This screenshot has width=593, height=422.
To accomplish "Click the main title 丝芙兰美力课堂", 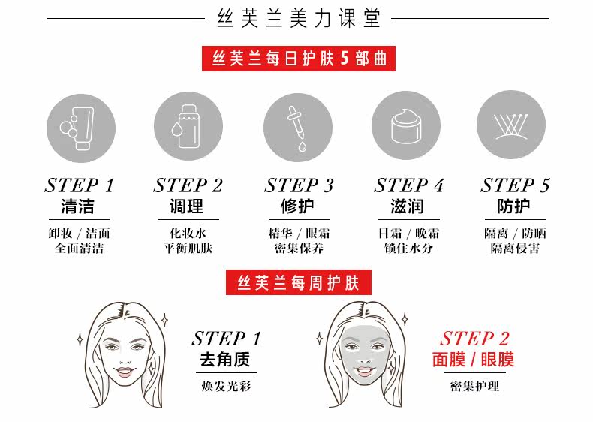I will (298, 19).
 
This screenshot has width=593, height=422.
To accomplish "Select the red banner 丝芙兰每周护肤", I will (299, 283).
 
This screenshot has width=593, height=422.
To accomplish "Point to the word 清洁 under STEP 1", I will (79, 206).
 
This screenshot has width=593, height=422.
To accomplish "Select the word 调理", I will (188, 206).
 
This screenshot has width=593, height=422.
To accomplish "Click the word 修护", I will (298, 206).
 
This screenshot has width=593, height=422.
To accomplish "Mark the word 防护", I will (514, 206).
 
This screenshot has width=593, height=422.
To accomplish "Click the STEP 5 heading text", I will (515, 185).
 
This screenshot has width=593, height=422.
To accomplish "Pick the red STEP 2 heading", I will (474, 339).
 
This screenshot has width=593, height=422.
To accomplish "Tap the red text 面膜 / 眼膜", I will (474, 360).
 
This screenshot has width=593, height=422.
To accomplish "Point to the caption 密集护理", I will (474, 387).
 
